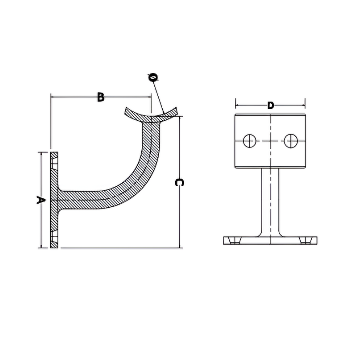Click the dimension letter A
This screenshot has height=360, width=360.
click(40, 200)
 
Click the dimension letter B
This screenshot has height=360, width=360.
click(100, 97)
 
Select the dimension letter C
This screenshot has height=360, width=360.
click(179, 182)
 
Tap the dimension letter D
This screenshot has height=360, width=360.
click(271, 106)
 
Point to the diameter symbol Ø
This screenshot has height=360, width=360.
click(153, 78)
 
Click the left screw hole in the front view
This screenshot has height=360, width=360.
click(249, 141)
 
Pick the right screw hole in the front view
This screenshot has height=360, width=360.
click(290, 141)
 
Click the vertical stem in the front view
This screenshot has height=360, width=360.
click(270, 200)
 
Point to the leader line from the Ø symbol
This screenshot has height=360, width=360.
click(158, 97)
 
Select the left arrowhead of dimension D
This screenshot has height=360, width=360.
click(237, 106)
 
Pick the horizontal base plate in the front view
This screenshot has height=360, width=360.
click(270, 241)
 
